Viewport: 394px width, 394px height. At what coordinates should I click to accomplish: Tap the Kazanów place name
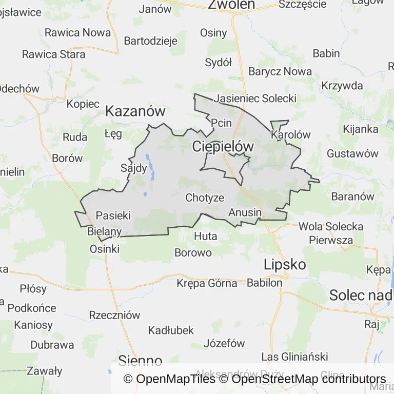(135, 111)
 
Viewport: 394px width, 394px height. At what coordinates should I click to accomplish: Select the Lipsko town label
(285, 265)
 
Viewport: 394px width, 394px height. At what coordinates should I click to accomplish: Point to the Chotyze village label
(205, 198)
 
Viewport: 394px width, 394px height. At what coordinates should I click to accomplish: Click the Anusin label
(245, 212)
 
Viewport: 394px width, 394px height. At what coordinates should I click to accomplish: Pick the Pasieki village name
(113, 215)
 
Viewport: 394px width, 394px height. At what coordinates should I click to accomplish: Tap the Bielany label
(105, 231)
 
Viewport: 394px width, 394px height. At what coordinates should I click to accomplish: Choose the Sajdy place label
(133, 168)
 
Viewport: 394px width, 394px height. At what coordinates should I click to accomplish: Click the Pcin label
(222, 123)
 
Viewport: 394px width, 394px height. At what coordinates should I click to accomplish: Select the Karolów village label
(291, 135)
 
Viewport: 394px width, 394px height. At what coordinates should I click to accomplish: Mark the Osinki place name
(105, 249)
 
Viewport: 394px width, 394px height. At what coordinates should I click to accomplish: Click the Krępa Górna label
(207, 283)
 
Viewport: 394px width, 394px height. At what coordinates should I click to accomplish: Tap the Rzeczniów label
(114, 315)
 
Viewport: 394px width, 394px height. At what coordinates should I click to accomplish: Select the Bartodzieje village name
(151, 41)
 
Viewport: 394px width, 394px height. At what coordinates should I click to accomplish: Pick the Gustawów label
(352, 153)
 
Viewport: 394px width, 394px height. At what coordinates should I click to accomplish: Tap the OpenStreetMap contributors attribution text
(308, 379)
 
